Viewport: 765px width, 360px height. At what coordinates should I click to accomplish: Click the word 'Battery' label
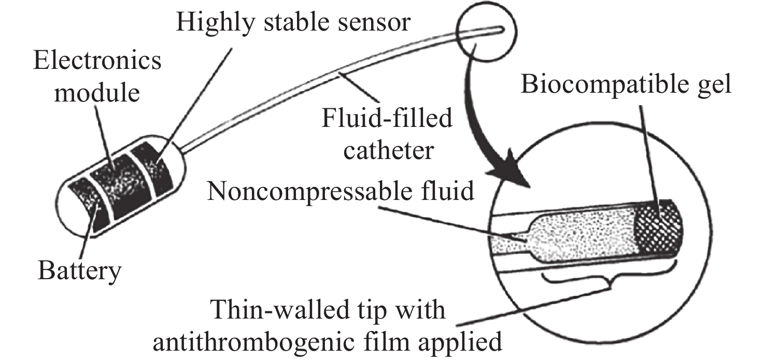coord(79,270)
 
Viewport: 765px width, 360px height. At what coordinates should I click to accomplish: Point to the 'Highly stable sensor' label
coord(293,23)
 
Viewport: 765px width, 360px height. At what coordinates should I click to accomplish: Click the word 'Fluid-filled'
coord(387,120)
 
